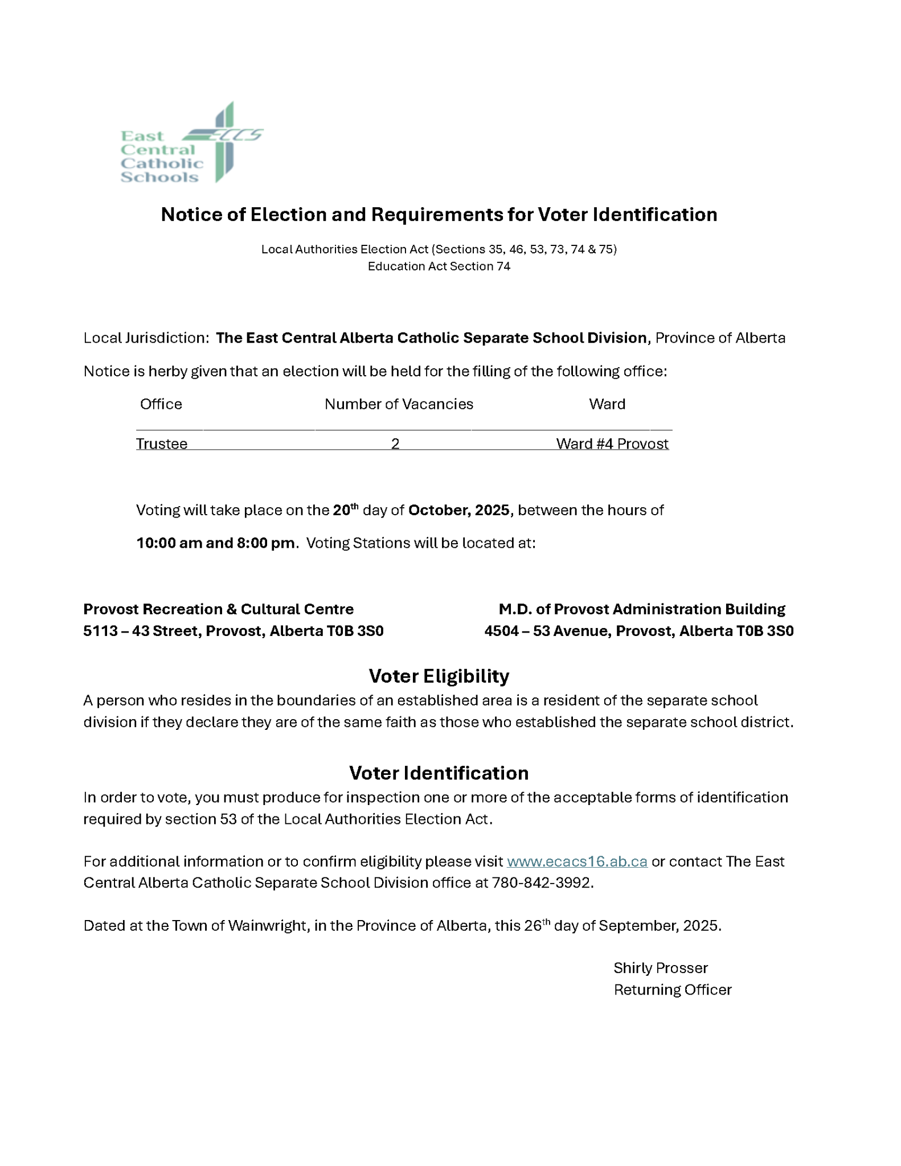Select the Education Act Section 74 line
click(x=439, y=266)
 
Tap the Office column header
click(x=161, y=404)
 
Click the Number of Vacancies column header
click(x=399, y=404)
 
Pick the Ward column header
click(x=607, y=404)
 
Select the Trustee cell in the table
click(x=162, y=444)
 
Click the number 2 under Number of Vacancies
click(x=395, y=444)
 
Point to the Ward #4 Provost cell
click(x=612, y=444)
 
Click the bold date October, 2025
click(x=458, y=510)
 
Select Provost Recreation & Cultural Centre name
click(x=218, y=609)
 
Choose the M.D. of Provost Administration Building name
click(x=642, y=609)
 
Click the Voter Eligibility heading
click(x=439, y=676)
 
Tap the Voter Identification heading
click(x=439, y=773)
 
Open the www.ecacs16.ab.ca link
click(x=577, y=861)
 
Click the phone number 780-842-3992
click(x=542, y=883)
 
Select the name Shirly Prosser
click(x=661, y=968)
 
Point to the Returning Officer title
click(x=673, y=990)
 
